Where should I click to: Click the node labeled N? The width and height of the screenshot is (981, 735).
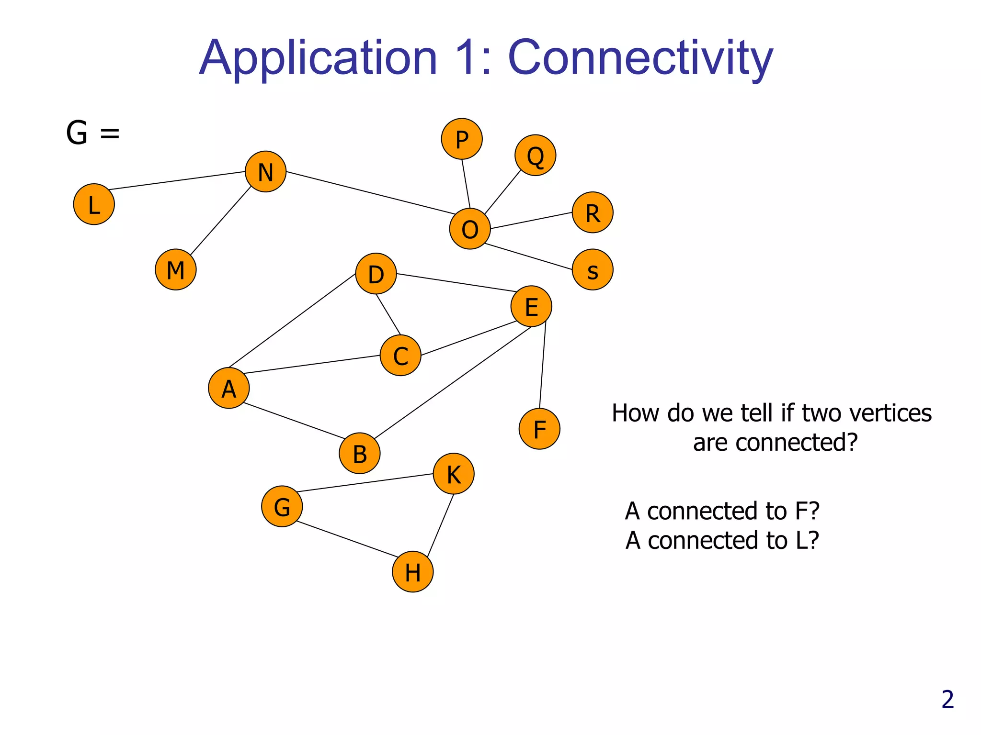265,172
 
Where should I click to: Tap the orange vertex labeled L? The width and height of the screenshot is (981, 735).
94,204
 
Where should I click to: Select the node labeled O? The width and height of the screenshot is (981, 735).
470,229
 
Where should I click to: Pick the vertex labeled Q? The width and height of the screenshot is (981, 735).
535,156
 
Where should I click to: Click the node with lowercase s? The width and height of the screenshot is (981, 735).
593,270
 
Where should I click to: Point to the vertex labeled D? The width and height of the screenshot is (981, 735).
376,274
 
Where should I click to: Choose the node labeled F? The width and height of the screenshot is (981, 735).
539,429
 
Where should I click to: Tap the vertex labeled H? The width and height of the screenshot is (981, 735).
412,572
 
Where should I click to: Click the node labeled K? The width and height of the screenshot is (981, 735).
454,474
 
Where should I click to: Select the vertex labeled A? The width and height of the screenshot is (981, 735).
229,388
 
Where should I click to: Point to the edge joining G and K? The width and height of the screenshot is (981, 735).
365,483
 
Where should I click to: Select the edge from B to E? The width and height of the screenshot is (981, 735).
453,382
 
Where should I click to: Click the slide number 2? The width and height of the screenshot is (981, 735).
947,700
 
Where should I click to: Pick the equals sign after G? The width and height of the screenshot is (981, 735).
110,133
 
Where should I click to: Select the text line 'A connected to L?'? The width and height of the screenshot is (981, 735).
722,541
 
